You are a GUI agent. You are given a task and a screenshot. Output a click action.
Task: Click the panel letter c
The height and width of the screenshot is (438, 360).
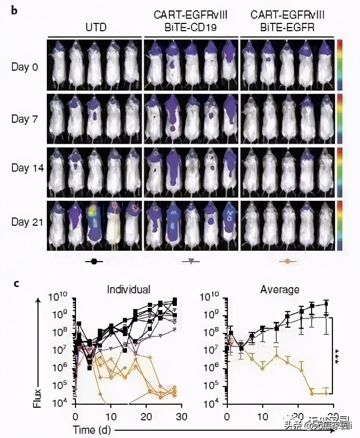click(x=17, y=284)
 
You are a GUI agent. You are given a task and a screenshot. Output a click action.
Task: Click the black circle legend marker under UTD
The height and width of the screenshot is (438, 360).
click(x=94, y=262)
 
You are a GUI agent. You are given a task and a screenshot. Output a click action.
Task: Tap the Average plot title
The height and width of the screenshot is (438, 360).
click(x=279, y=290)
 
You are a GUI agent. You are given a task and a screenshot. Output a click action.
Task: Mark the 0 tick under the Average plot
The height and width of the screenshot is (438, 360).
click(x=227, y=417)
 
